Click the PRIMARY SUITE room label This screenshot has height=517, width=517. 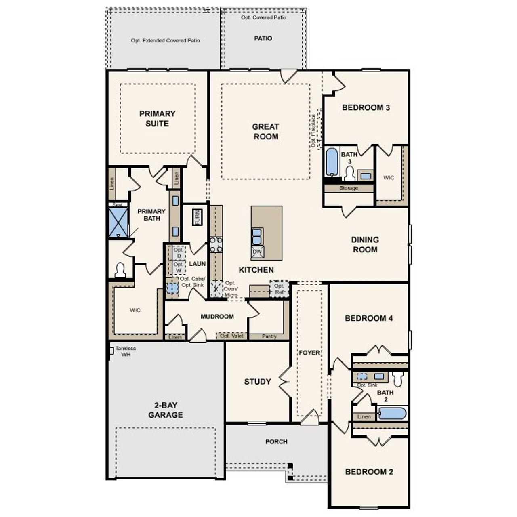point(157,118)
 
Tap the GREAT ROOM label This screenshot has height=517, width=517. point(265,132)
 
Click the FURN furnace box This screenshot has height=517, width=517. point(197,217)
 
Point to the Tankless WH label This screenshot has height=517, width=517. point(125,351)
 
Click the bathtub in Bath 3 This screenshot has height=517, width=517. point(332,162)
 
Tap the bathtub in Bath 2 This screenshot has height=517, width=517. point(392,414)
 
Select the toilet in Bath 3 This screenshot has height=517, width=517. point(349,174)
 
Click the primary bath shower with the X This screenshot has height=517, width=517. point(118,222)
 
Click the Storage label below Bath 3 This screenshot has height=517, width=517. point(349,188)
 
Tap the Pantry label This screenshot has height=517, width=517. point(269,336)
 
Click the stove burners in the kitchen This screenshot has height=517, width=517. point(216,245)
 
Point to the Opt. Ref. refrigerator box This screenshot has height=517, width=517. point(279,289)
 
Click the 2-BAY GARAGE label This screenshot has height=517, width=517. point(165,410)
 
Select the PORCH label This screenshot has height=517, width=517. point(276,441)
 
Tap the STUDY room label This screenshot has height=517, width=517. point(257,382)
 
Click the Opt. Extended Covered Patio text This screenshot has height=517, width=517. point(165,40)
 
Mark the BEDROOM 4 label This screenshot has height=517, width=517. point(368,318)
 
